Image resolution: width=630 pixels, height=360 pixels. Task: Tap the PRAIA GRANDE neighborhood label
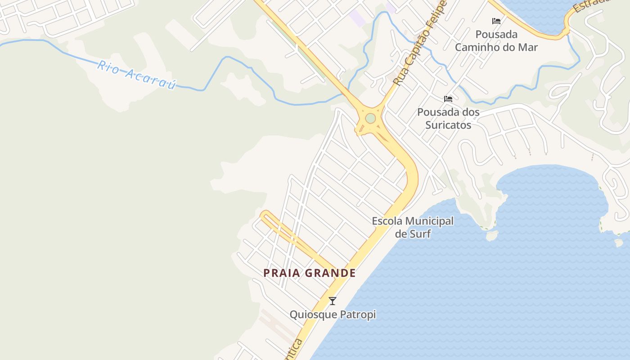tap(310, 273)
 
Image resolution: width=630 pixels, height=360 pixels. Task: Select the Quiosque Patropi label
tap(333, 315)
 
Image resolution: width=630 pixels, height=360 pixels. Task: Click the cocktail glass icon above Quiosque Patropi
tap(333, 301)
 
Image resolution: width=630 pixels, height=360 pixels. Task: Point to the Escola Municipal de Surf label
tap(413, 227)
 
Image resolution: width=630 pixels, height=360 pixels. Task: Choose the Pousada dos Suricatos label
tap(448, 118)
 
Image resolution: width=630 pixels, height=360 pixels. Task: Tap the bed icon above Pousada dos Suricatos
tap(448, 99)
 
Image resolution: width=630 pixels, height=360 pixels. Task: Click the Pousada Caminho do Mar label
tap(496, 40)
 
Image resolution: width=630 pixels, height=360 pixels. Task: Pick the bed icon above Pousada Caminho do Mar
tap(496, 21)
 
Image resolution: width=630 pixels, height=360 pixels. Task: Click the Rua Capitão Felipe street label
tap(419, 43)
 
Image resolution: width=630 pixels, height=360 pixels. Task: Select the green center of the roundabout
tap(370, 118)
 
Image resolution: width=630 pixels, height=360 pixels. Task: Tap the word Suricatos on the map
tap(448, 125)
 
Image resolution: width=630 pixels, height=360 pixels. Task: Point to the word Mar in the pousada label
tap(528, 47)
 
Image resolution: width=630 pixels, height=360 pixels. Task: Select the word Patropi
tap(358, 315)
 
